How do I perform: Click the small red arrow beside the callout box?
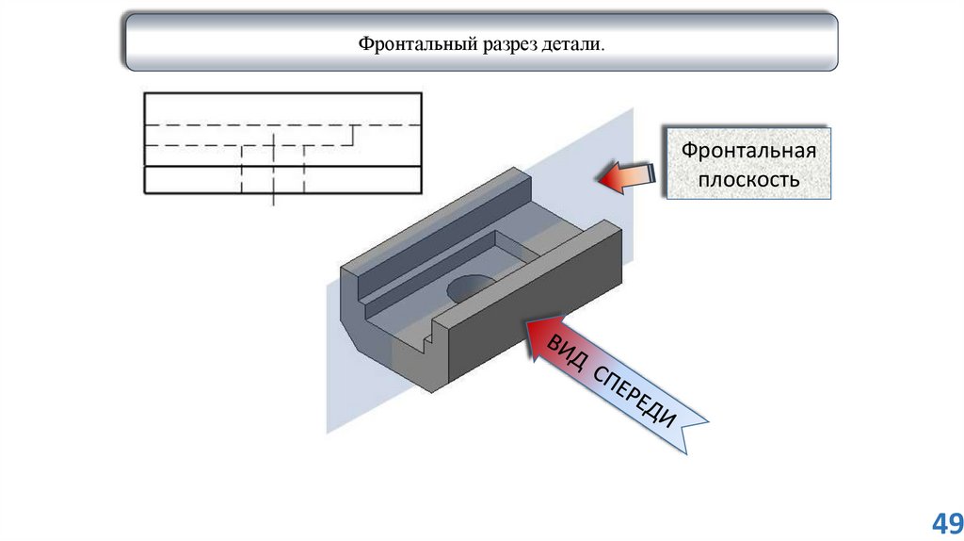pos(625,175)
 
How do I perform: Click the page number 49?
pos(946,523)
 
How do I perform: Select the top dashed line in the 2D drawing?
pos(282,124)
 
